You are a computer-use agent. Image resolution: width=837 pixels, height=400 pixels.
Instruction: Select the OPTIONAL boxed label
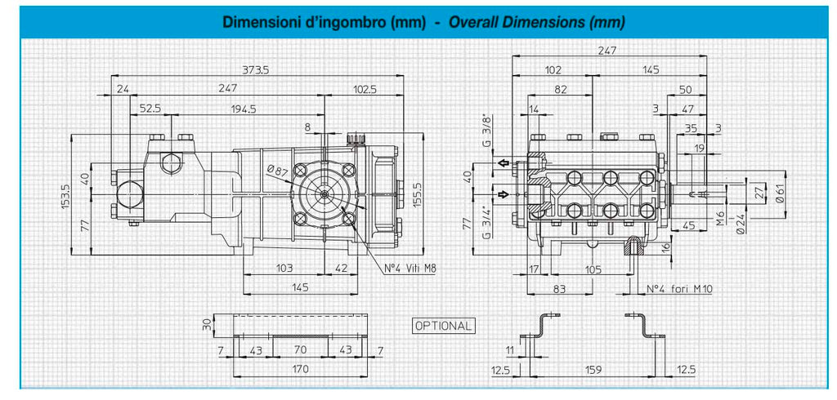coord(443,326)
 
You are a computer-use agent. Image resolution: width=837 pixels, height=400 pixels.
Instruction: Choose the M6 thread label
coord(721,218)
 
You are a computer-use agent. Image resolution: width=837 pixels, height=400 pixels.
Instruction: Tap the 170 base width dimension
coord(300,368)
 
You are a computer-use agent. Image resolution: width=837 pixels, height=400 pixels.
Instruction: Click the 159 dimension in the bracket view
coord(593,368)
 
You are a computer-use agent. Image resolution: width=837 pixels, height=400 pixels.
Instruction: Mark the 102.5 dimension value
coord(364,89)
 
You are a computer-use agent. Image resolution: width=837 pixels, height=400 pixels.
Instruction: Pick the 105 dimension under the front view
coord(593,269)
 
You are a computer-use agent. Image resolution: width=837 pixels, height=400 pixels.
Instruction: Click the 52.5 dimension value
coord(150,109)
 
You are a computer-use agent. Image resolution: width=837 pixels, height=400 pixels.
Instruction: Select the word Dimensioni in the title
coord(253,22)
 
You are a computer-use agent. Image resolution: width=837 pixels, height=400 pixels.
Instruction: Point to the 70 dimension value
coord(300,350)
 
